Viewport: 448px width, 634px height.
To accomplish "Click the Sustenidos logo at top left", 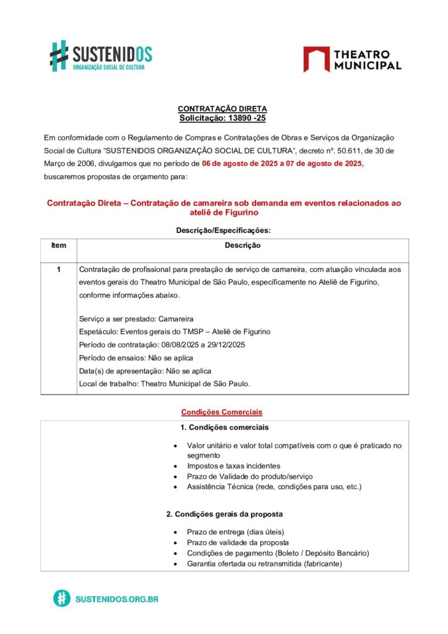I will pyautogui.click(x=101, y=56).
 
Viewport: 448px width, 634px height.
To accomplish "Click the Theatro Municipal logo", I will pyautogui.click(x=352, y=59).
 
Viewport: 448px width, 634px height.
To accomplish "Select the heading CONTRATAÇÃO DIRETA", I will pyautogui.click(x=222, y=109).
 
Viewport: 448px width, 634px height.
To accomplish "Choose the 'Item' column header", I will pyautogui.click(x=58, y=245).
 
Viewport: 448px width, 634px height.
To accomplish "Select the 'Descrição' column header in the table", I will pyautogui.click(x=243, y=245).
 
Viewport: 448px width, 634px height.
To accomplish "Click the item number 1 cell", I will pyautogui.click(x=58, y=269).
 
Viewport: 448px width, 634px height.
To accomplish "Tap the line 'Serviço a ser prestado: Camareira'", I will pyautogui.click(x=136, y=319).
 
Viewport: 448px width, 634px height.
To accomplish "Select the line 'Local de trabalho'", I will pyautogui.click(x=165, y=384).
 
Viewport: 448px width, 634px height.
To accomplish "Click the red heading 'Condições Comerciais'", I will pyautogui.click(x=222, y=411).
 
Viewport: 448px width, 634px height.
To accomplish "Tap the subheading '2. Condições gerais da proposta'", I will pyautogui.click(x=225, y=514).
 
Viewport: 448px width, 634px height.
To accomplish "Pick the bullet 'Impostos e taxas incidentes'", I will pyautogui.click(x=233, y=466).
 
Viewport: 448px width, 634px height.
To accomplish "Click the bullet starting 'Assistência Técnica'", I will pyautogui.click(x=274, y=487).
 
